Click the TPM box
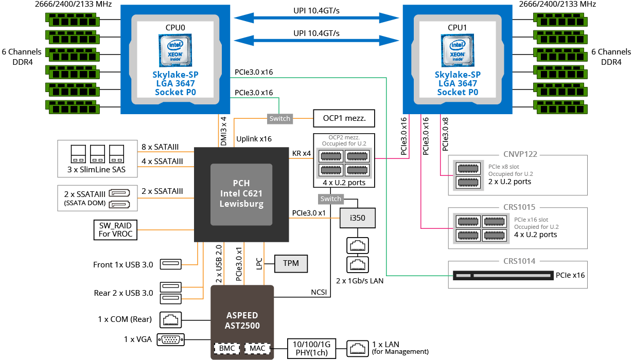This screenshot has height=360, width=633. pyautogui.click(x=291, y=263)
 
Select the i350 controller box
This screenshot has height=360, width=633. pyautogui.click(x=358, y=218)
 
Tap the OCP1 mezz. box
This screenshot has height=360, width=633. pyautogui.click(x=344, y=118)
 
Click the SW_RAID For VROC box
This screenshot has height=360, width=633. pyautogui.click(x=115, y=230)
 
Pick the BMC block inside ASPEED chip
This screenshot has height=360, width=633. pyautogui.click(x=227, y=348)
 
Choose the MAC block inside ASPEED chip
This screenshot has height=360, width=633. pyautogui.click(x=257, y=348)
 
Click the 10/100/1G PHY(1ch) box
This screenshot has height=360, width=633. pyautogui.click(x=311, y=348)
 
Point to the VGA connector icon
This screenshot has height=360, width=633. pyautogui.click(x=171, y=339)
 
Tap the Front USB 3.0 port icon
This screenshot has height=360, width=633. pyautogui.click(x=171, y=264)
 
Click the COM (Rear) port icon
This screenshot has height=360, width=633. pyautogui.click(x=171, y=320)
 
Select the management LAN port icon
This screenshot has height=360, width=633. pyautogui.click(x=358, y=348)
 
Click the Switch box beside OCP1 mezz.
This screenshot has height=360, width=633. pyautogui.click(x=280, y=119)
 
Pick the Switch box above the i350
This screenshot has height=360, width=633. pyautogui.click(x=330, y=199)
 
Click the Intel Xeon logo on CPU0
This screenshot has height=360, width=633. pyautogui.click(x=175, y=50)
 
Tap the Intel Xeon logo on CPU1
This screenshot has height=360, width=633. pyautogui.click(x=458, y=50)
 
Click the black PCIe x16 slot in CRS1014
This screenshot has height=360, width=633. pyautogui.click(x=503, y=275)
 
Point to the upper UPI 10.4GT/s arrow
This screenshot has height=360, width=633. pyautogui.click(x=316, y=18)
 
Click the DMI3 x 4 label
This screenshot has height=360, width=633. pyautogui.click(x=223, y=131)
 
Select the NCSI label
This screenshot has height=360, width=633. pyautogui.click(x=319, y=292)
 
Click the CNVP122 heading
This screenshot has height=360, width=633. pyautogui.click(x=520, y=154)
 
